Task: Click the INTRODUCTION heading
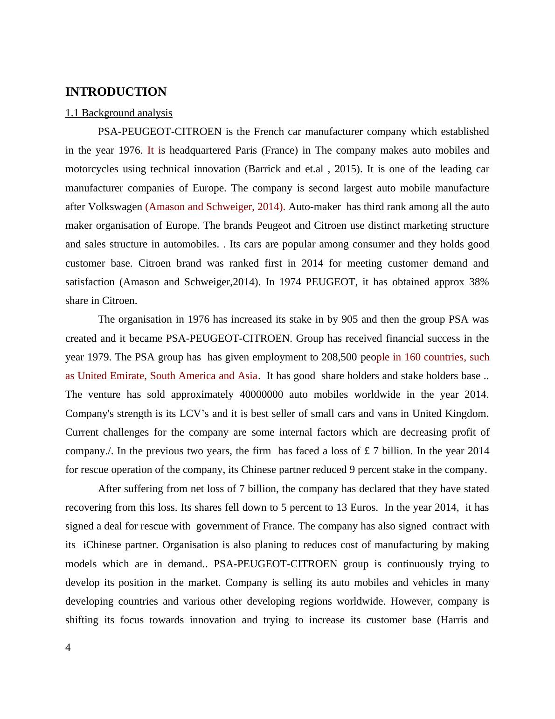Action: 116,92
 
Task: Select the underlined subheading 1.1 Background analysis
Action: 118,113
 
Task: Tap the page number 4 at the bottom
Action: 68,647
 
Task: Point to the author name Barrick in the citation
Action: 264,169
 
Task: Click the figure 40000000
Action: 261,395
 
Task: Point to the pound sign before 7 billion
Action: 367,451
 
